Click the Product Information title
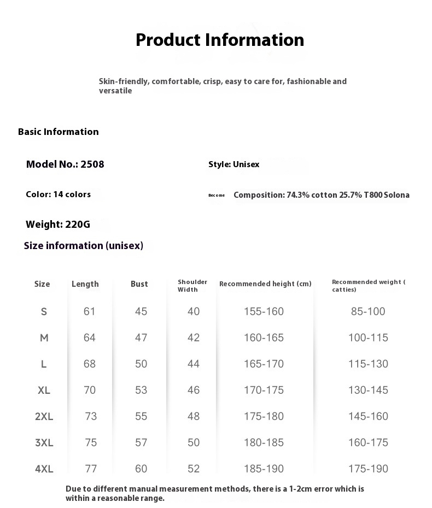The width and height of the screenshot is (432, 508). pos(220,40)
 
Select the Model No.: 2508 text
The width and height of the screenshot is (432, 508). pos(65,164)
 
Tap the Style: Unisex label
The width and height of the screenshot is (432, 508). pos(233,164)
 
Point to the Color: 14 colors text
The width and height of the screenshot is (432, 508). pos(58,194)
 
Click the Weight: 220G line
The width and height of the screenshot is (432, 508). pos(58,224)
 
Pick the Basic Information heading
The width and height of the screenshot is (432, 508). pos(59,132)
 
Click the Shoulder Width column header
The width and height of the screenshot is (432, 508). pos(192,286)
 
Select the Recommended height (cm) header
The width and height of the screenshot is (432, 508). pos(265,284)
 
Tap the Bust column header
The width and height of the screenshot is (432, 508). pos(139,284)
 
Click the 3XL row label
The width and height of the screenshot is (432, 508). pos(44,442)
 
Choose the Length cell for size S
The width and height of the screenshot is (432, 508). pos(90,311)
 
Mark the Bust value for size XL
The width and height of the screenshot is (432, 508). pos(141,390)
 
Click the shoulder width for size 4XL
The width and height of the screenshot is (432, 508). pos(194,469)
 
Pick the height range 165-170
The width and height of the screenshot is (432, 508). pos(264,364)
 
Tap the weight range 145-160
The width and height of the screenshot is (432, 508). pos(368,416)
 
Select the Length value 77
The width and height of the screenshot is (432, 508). pos(91,469)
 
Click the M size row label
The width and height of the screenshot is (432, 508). pos(44,338)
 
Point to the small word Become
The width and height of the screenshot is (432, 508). pos(217,196)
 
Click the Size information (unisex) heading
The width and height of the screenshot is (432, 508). pos(84,246)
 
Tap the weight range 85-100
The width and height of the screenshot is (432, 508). pos(368,311)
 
